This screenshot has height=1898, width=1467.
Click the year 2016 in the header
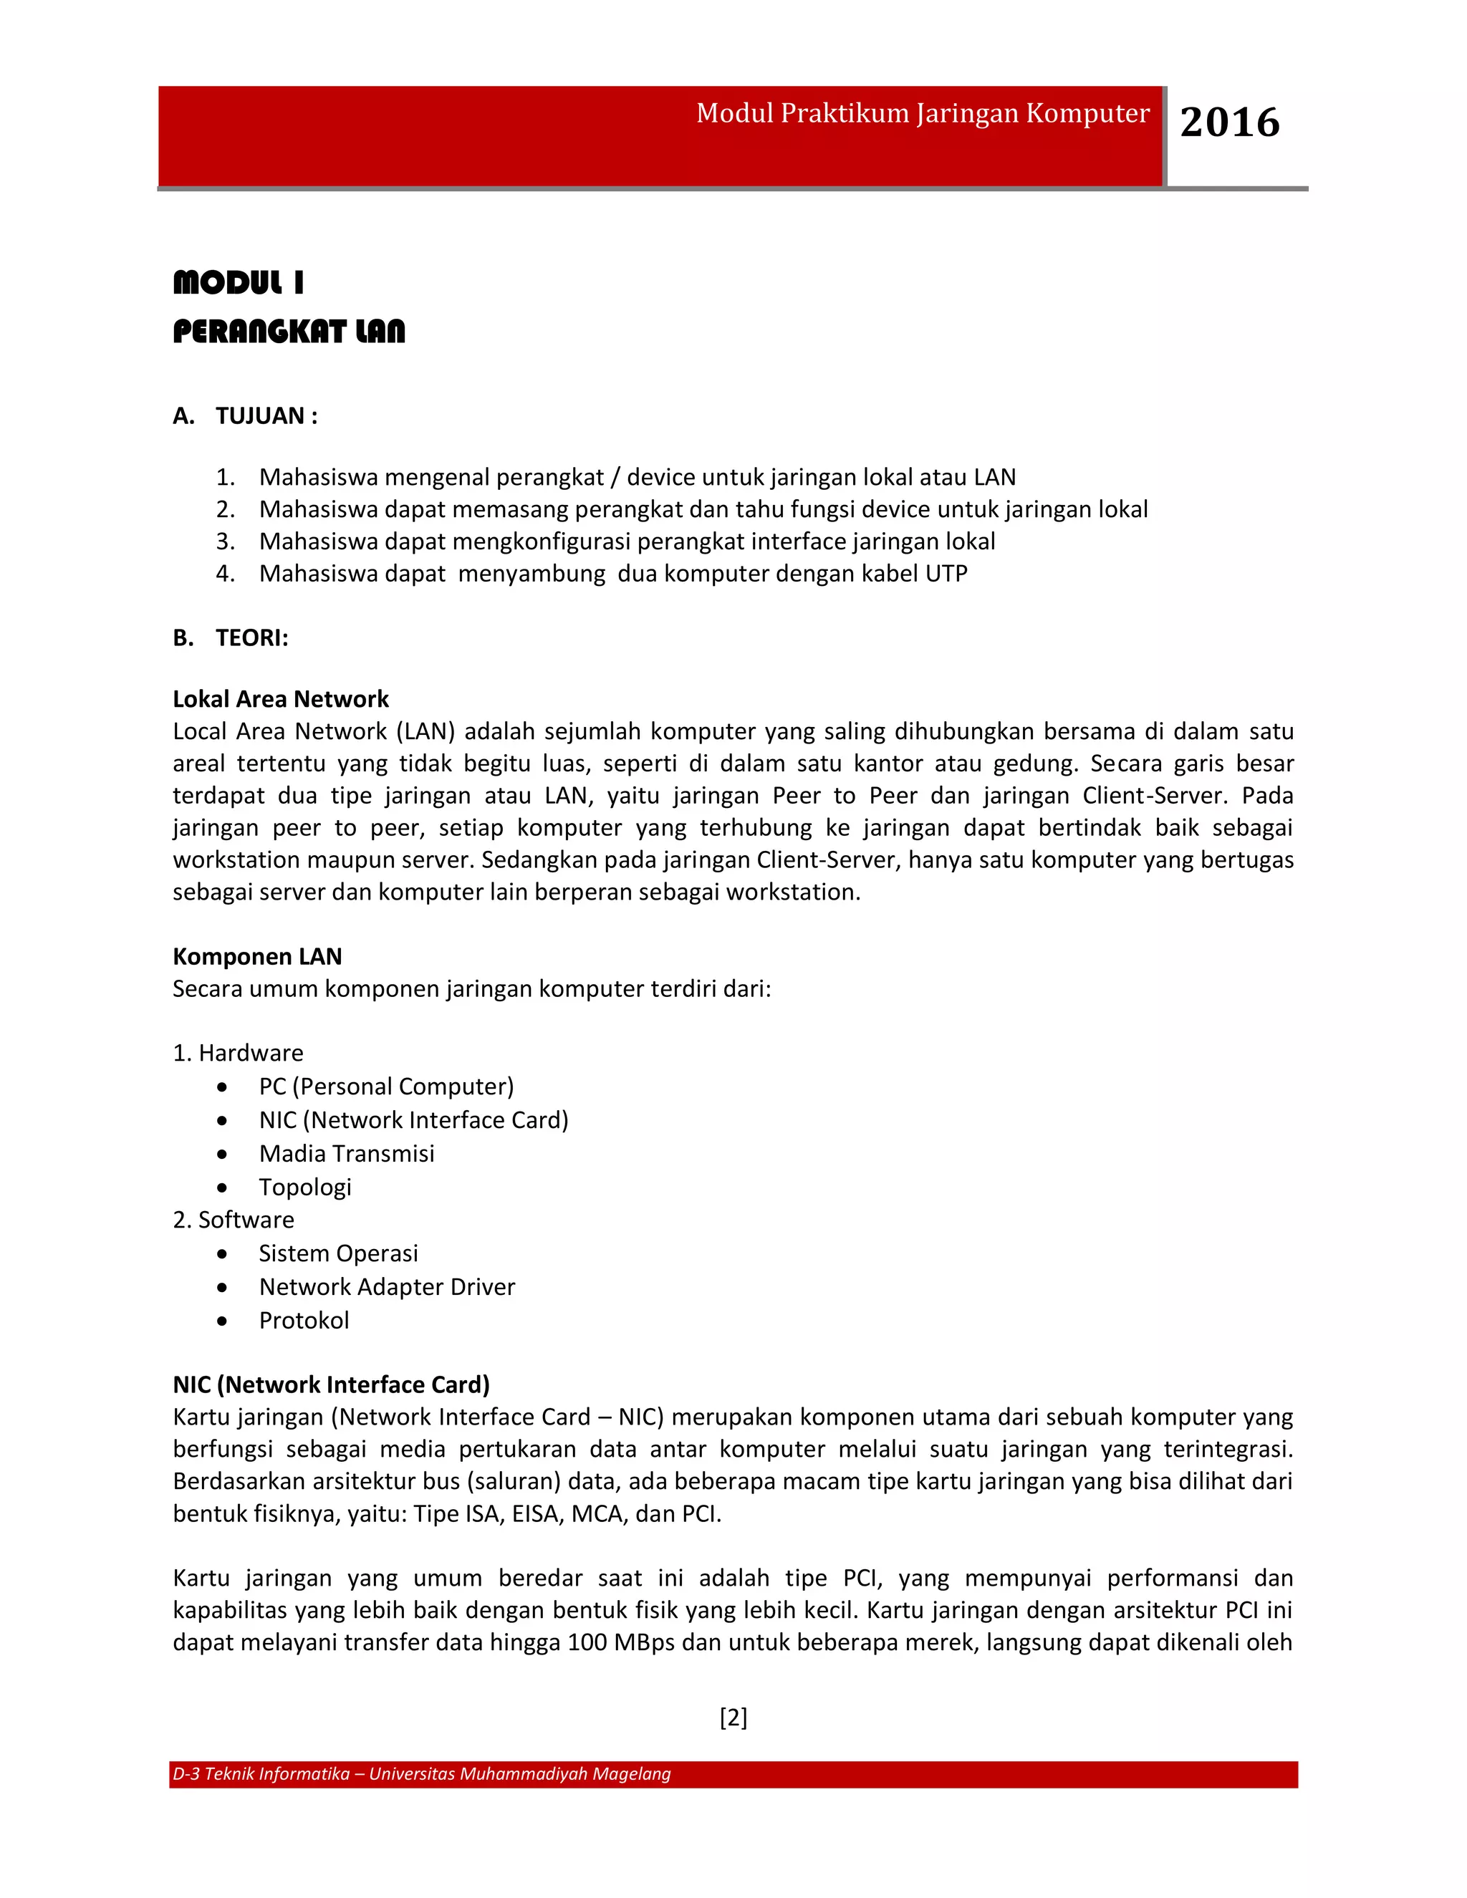coord(1229,122)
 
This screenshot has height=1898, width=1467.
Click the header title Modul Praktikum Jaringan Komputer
coord(922,114)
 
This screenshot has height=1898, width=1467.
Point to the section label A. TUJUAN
coord(245,416)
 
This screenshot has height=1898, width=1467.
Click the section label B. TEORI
coord(231,638)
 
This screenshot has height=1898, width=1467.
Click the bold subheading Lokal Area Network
coord(281,699)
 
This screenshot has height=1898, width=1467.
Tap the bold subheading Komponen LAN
coord(257,956)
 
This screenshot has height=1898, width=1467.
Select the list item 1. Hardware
coord(238,1054)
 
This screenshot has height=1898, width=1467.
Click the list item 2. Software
coord(234,1220)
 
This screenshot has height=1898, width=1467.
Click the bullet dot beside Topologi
coord(223,1188)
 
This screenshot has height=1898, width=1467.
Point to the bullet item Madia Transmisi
coord(347,1153)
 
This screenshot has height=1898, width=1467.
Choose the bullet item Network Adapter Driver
coord(387,1287)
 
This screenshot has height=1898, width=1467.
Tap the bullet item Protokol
coord(304,1321)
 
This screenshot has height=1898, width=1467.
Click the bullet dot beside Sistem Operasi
coord(223,1254)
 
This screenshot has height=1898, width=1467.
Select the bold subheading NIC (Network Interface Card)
coord(331,1384)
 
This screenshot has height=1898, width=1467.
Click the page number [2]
coord(733,1718)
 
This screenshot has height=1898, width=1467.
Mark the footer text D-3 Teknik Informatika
coord(261,1773)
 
